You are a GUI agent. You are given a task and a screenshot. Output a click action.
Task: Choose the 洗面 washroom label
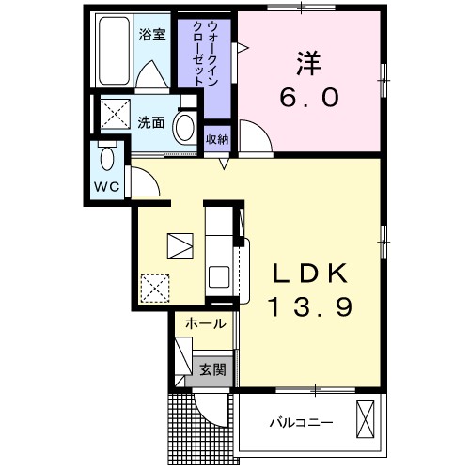pyautogui.click(x=151, y=122)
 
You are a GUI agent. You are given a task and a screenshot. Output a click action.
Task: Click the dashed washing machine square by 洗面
pyautogui.click(x=117, y=117)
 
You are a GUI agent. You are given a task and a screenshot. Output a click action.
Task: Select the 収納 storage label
pyautogui.click(x=216, y=139)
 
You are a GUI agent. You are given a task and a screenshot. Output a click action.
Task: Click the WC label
pyautogui.click(x=107, y=185)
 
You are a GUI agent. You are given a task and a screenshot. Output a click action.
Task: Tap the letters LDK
pyautogui.click(x=310, y=274)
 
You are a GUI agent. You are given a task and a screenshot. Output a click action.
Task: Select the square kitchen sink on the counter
pyautogui.click(x=219, y=277)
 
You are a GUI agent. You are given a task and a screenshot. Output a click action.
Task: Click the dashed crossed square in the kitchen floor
pyautogui.click(x=153, y=286)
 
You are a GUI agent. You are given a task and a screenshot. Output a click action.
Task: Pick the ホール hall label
pyautogui.click(x=204, y=324)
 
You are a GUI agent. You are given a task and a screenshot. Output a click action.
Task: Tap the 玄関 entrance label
pyautogui.click(x=212, y=369)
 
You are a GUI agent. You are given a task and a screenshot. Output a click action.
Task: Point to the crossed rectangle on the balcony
pyautogui.click(x=367, y=416)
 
